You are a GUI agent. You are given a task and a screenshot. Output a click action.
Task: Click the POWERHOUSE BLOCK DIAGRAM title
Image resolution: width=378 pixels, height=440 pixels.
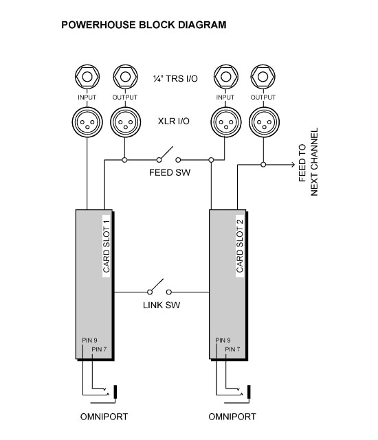[x=144, y=25]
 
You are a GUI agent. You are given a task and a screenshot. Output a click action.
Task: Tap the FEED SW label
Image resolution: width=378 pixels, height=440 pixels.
[x=170, y=172]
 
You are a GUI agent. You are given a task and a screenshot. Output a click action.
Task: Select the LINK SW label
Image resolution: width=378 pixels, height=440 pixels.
[x=162, y=305]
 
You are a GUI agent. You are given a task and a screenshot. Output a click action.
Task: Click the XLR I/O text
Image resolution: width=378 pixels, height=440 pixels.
[x=174, y=121]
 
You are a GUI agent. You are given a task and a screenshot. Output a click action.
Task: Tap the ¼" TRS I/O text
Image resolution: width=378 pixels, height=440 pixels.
[x=175, y=78]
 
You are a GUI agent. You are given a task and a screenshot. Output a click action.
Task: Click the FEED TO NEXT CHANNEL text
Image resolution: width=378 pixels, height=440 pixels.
[x=308, y=162]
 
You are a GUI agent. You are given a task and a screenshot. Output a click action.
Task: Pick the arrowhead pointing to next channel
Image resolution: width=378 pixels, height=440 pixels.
[x=293, y=165]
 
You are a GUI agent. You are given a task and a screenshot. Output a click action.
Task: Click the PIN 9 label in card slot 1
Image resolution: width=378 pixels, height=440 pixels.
[x=89, y=340]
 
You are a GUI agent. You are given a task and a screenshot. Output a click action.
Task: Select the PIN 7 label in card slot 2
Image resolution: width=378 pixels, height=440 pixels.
[x=232, y=349]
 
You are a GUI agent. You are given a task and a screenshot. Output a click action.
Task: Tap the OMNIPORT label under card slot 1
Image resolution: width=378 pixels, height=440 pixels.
[x=104, y=417]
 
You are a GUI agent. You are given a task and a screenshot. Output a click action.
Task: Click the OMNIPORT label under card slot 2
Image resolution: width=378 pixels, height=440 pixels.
[x=232, y=417]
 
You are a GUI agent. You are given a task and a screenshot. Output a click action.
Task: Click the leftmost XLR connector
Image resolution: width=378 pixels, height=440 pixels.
[x=87, y=122]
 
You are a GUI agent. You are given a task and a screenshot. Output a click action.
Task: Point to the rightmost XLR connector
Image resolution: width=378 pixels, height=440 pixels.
[x=264, y=122]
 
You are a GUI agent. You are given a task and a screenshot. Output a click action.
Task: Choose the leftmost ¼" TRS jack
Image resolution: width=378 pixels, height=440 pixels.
[x=87, y=77]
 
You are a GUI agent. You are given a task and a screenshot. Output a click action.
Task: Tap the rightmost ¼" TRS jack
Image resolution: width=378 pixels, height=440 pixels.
[x=263, y=77]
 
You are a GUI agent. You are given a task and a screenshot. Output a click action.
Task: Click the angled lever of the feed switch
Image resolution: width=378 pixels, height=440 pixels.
[x=166, y=152]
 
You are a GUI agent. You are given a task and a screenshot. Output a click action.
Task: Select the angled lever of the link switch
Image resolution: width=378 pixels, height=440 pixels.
[x=157, y=285]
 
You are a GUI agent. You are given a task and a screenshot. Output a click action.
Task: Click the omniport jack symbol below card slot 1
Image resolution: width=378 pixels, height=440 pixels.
[x=115, y=391]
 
